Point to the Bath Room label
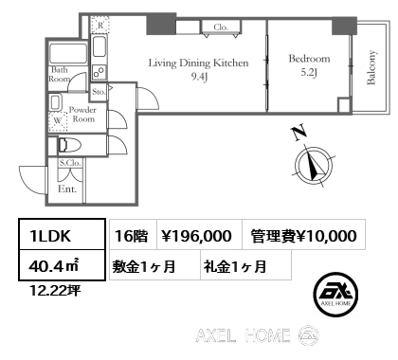[59, 75]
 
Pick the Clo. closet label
[221, 27]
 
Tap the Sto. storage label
[99, 93]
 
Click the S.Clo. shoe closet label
[69, 164]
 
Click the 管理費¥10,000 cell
[304, 236]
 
